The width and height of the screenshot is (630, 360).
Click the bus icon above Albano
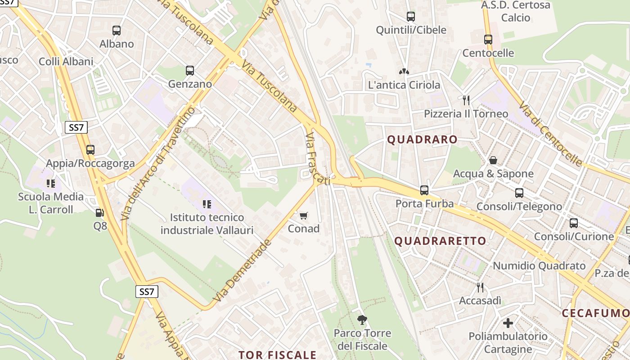pyautogui.click(x=117, y=31)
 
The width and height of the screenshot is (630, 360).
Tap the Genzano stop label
pyautogui.click(x=190, y=84)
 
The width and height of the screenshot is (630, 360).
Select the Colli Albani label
pyautogui.click(x=66, y=62)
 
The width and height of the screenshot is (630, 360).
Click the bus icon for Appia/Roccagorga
pyautogui.click(x=90, y=150)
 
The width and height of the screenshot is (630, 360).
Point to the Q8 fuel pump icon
pyautogui.click(x=99, y=212)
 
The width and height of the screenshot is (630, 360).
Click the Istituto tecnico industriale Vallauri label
pyautogui.click(x=207, y=224)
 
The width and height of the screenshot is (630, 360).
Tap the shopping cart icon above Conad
pyautogui.click(x=304, y=216)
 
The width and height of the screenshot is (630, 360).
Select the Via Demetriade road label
pyautogui.click(x=243, y=270)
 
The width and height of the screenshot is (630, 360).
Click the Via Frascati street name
pyautogui.click(x=317, y=158)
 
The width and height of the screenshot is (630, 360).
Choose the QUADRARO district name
pyautogui.click(x=422, y=139)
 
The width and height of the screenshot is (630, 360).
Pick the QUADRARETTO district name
pyautogui.click(x=441, y=241)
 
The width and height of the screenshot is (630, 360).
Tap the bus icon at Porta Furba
pyautogui.click(x=424, y=190)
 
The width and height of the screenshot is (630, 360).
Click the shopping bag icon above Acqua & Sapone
pyautogui.click(x=493, y=160)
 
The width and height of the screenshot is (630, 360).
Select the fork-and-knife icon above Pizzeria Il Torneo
pyautogui.click(x=466, y=100)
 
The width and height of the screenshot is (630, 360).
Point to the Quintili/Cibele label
pyautogui.click(x=411, y=30)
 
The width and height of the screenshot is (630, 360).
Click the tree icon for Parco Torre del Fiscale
pyautogui.click(x=362, y=320)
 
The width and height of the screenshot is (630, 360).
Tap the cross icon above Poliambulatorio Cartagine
pyautogui.click(x=508, y=323)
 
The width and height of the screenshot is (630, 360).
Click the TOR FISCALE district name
pyautogui.click(x=278, y=355)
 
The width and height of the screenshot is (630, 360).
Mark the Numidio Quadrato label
pyautogui.click(x=539, y=265)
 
